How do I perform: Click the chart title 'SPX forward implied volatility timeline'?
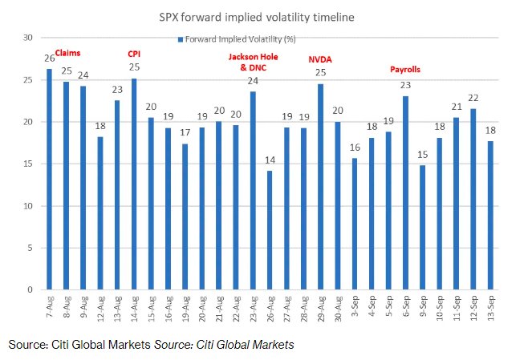(x=256, y=17)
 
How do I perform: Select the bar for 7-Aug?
(x=49, y=179)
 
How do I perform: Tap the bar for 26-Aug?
(x=270, y=230)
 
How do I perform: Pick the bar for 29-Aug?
(x=320, y=187)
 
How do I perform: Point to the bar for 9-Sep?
(x=422, y=228)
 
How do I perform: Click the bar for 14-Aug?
(x=134, y=184)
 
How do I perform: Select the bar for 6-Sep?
(x=405, y=193)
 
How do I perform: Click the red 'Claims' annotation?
(x=68, y=53)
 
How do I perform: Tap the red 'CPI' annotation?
(x=134, y=54)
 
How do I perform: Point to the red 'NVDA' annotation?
(x=320, y=60)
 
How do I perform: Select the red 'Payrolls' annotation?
(x=405, y=70)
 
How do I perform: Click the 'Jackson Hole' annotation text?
(x=253, y=57)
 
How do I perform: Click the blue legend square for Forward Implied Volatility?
(x=181, y=40)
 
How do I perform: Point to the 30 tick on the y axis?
(x=28, y=38)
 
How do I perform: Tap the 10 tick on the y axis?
(x=28, y=206)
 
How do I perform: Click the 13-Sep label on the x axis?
(x=490, y=308)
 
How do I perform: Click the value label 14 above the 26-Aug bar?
(x=270, y=160)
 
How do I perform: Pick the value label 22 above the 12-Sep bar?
(x=473, y=98)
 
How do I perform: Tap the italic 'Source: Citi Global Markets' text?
(x=224, y=345)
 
